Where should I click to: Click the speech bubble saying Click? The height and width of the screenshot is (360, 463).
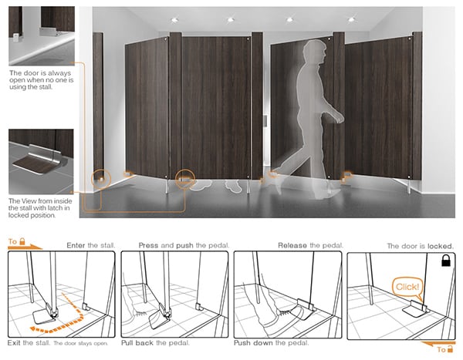[x=407, y=287]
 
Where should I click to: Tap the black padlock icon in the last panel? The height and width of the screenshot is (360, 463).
[x=445, y=261]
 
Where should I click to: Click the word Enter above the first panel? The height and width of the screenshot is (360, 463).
[x=76, y=245]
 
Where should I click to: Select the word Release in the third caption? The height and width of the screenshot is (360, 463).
[x=292, y=245]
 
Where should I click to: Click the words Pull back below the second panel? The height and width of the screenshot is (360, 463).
[x=137, y=343]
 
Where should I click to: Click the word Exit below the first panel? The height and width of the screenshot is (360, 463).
[x=14, y=343]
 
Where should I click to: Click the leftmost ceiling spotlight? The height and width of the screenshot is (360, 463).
[x=174, y=20]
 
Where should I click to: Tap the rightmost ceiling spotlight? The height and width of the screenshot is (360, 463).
[x=351, y=19]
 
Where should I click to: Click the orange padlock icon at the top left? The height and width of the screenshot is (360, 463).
[x=22, y=241]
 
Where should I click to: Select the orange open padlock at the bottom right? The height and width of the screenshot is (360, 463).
[x=451, y=348]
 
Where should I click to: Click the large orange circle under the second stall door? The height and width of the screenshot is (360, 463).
[x=185, y=179]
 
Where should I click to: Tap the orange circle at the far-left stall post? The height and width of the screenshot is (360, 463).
[x=101, y=179]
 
